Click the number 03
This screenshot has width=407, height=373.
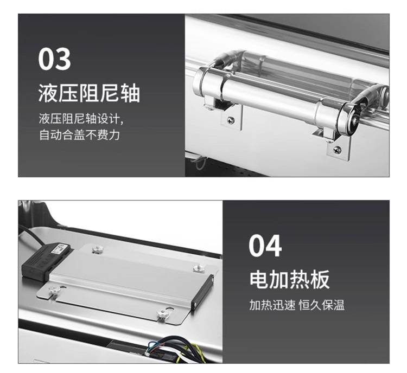pos(54,59)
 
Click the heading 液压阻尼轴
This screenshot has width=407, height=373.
pos(89,93)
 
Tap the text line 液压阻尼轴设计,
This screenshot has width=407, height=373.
pos(81,119)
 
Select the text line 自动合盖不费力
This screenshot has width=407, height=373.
pos(79,135)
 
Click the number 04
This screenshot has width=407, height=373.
pos(265,246)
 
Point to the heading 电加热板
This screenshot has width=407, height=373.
pos(289,279)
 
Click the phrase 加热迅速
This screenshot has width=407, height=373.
pos(272,305)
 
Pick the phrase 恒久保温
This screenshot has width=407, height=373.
pos(322,305)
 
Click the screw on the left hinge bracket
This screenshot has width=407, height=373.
pos(231,120)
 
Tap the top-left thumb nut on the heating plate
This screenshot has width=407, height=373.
pos(98,249)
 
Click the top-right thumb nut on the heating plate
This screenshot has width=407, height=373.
pos(198,268)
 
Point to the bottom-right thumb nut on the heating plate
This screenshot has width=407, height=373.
pos(163,313)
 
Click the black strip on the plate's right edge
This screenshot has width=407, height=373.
pos(203,291)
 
